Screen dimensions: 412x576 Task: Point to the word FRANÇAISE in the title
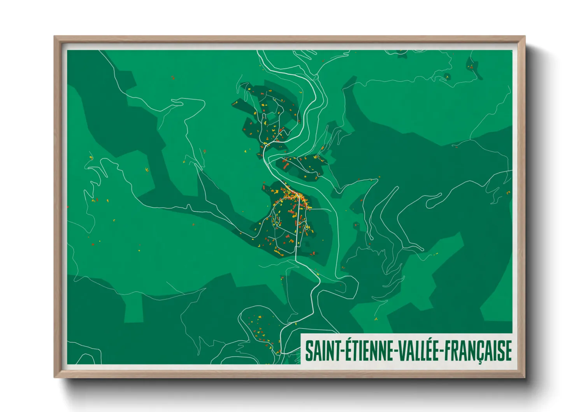(x=478, y=350)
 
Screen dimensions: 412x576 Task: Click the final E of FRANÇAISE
(x=508, y=350)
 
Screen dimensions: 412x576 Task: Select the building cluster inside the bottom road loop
(x=259, y=329)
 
